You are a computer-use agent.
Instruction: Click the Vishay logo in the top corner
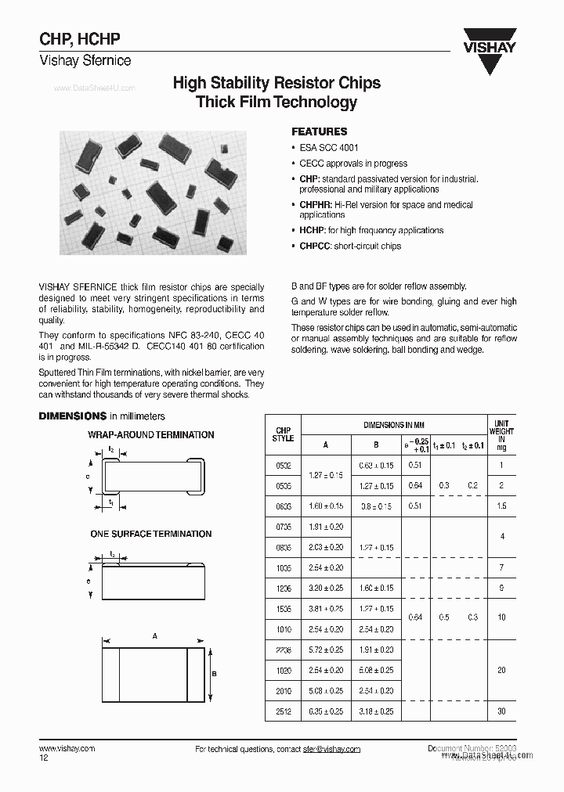click(x=489, y=50)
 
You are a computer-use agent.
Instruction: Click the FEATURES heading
click(x=319, y=132)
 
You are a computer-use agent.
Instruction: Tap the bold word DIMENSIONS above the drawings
click(x=73, y=416)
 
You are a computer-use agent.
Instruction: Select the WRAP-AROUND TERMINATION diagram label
click(x=150, y=435)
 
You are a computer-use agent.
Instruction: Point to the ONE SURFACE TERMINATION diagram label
click(x=150, y=535)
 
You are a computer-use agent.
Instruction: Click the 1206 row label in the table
click(x=283, y=588)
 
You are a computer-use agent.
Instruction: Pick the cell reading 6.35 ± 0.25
click(x=325, y=711)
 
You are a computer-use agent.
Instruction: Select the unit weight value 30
click(x=501, y=711)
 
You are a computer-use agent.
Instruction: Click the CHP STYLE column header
click(x=283, y=435)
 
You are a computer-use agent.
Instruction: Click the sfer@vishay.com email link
click(x=332, y=750)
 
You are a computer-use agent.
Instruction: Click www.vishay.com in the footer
click(x=67, y=749)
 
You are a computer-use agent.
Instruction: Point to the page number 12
click(x=44, y=758)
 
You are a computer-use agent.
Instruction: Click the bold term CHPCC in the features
click(x=313, y=247)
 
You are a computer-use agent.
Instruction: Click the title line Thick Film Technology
click(x=276, y=103)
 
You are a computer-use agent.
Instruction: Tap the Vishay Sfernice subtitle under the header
click(x=85, y=60)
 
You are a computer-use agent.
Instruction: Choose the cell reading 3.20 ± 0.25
click(x=325, y=588)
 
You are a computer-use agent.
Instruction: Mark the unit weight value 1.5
click(x=501, y=506)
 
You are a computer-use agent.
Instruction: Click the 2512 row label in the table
click(x=283, y=711)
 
